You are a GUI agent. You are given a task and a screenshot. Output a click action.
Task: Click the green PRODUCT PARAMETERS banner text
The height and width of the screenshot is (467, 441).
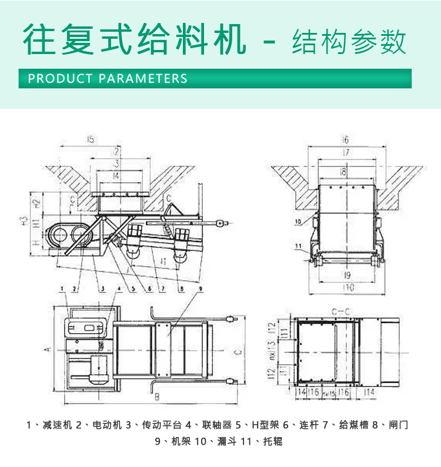108,78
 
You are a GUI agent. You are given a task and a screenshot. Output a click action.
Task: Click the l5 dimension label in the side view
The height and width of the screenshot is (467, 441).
90,140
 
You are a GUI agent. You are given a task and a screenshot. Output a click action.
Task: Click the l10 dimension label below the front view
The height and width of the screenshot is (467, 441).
349,288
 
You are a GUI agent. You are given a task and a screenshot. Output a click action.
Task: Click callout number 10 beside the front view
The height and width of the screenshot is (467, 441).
298,221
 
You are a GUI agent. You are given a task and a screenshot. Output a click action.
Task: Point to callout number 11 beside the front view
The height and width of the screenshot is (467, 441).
298,246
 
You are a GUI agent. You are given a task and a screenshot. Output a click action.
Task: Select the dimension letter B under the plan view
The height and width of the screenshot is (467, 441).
157,398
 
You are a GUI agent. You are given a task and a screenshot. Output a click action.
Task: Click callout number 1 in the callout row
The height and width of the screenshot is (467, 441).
62,288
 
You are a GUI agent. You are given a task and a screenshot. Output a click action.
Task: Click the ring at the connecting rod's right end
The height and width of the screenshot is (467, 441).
221,223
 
